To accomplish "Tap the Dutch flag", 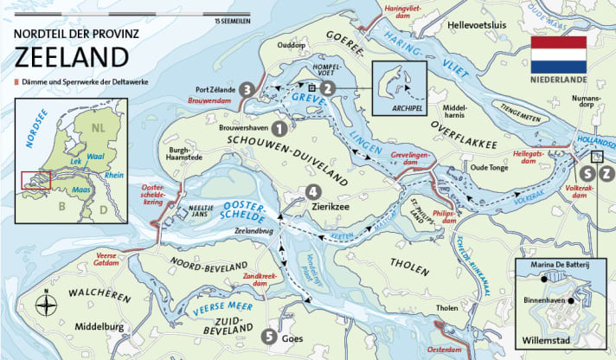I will (558, 55).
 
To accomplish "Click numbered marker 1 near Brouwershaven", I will (278, 127).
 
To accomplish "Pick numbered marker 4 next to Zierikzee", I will (311, 191).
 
